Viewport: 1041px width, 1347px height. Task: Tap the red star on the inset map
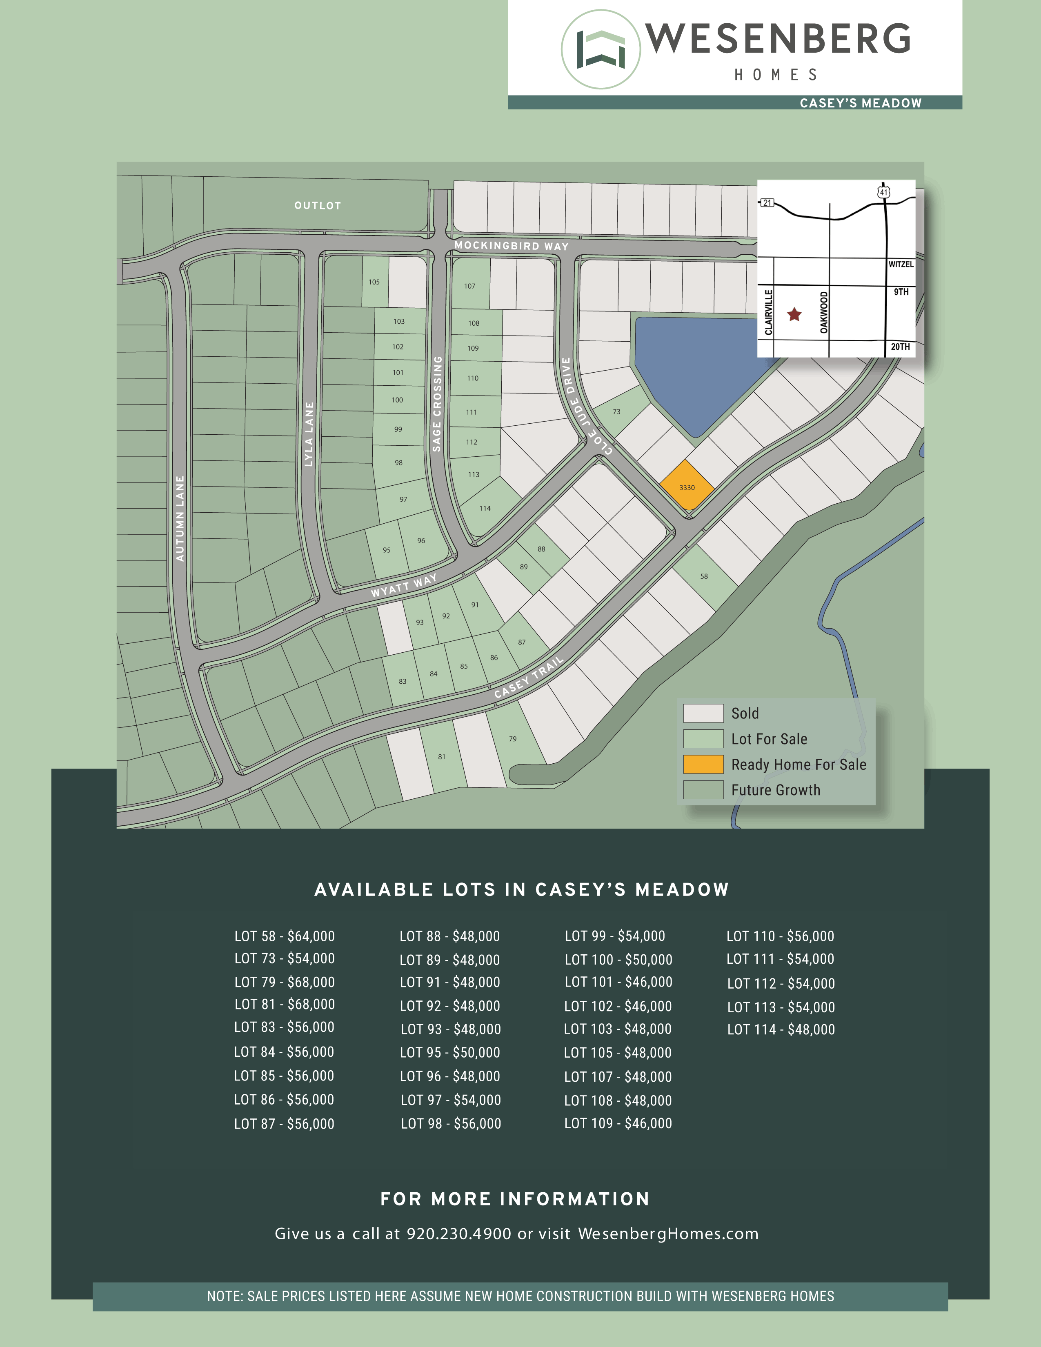[794, 315]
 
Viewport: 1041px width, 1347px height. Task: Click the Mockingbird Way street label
[511, 245]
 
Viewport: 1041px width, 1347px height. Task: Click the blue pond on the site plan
[697, 370]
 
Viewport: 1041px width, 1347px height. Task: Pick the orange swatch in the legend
[703, 764]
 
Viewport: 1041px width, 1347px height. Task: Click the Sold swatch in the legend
[703, 713]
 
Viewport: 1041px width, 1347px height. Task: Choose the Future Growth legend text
[775, 790]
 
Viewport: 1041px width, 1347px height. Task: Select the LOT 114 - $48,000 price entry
[781, 1029]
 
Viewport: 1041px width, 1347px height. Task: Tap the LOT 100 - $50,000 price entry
[618, 960]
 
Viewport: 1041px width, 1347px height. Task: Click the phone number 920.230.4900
[459, 1234]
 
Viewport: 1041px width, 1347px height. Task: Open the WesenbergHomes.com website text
[668, 1234]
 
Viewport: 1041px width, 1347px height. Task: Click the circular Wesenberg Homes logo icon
[601, 49]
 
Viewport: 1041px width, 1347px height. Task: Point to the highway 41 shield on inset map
[884, 192]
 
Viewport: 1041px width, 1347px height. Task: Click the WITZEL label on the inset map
[901, 264]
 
